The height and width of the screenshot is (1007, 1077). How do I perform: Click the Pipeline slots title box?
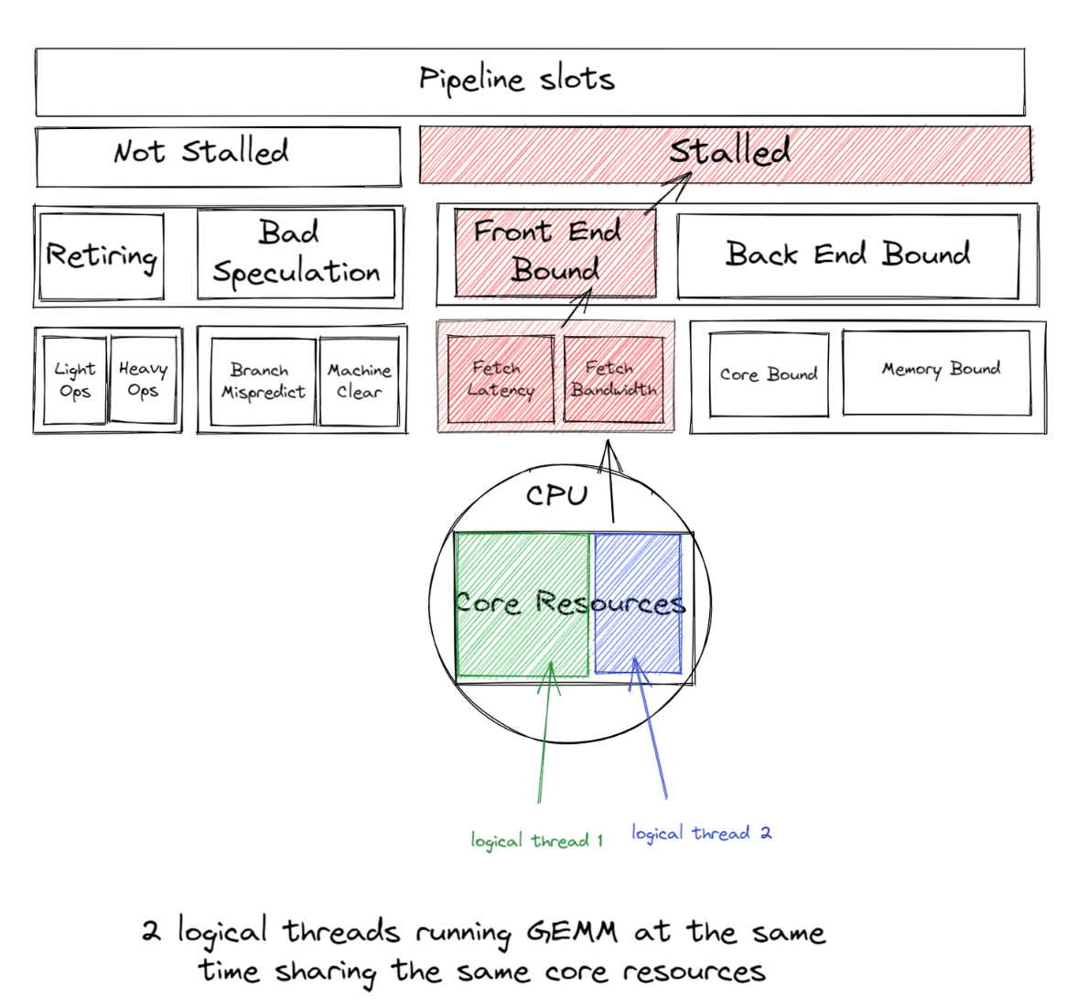(529, 81)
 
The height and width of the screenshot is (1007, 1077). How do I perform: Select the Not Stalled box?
(218, 157)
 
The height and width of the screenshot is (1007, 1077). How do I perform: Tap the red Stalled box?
(725, 154)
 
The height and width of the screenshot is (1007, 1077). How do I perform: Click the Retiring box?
(102, 256)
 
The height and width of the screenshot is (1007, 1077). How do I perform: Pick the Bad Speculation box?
(296, 254)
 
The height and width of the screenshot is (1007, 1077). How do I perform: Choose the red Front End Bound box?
(555, 253)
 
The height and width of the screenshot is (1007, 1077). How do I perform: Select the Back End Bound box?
(847, 255)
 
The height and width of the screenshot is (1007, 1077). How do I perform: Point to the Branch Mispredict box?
(263, 382)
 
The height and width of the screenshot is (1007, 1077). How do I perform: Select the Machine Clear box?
(359, 382)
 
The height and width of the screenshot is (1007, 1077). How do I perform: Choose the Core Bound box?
(769, 375)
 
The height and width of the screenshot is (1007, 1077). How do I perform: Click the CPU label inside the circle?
(556, 496)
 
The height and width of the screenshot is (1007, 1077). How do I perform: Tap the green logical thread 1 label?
(537, 840)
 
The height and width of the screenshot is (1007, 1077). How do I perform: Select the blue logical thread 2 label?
(701, 833)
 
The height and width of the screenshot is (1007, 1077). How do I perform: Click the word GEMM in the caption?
(572, 933)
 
